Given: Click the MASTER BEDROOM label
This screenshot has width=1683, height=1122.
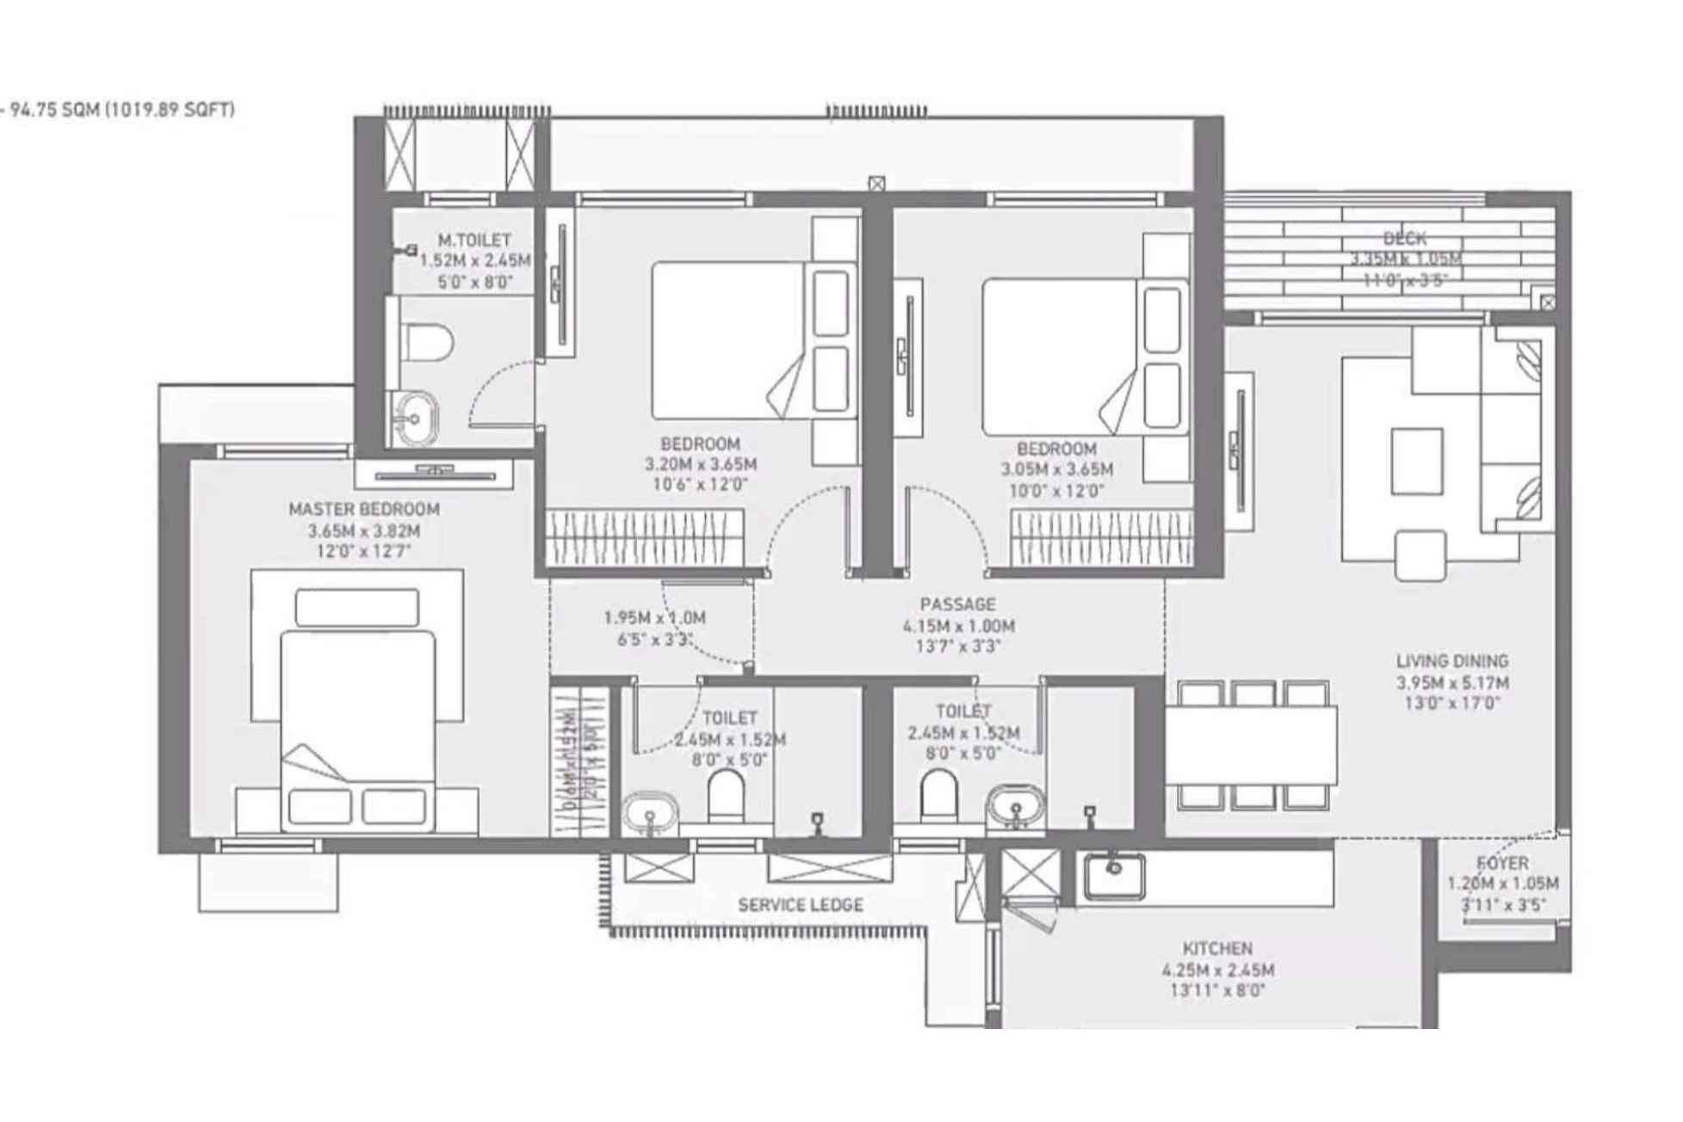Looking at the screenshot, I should pos(364,509).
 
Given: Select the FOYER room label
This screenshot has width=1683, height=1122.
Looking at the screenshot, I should pos(1502,863).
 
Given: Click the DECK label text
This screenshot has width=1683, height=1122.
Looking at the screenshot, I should pos(1404,239).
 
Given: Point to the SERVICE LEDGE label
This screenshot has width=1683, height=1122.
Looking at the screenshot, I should pos(800,905).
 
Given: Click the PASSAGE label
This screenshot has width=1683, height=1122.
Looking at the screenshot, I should pos(957,604).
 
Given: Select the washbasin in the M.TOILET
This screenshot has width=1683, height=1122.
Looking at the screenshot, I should pos(415,418).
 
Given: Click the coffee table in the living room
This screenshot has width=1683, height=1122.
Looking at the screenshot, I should pos(1416,462).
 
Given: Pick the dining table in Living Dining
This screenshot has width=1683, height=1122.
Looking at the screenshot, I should pos(1251,745).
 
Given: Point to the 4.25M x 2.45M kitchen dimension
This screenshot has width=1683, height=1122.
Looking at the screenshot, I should pos(1217,970).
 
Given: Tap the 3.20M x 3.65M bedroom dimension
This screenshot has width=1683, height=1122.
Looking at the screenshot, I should pos(701,465).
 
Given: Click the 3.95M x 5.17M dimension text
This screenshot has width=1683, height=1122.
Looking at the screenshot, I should pos(1452,683).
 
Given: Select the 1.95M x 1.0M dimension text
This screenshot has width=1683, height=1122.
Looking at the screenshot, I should pos(654,618).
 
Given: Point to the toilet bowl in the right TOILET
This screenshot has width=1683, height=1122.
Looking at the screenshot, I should pos(937,796).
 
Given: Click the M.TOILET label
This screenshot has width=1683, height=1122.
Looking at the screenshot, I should pos(473,240).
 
